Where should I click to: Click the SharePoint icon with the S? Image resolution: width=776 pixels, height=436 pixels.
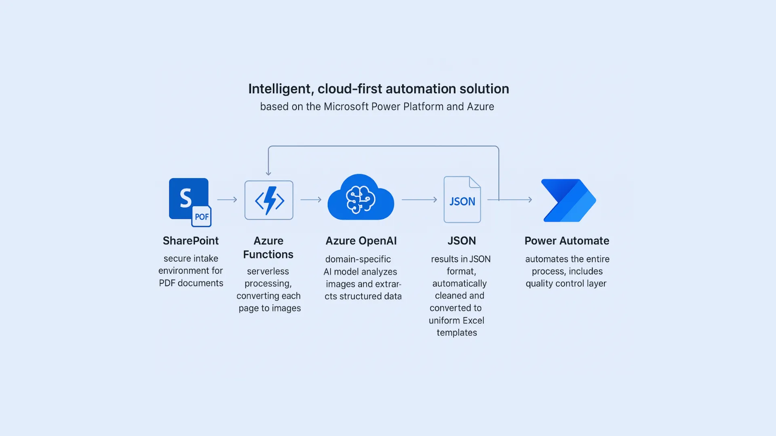186,197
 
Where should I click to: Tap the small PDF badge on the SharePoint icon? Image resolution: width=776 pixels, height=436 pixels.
202,217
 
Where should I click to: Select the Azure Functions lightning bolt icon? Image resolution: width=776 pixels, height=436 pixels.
269,200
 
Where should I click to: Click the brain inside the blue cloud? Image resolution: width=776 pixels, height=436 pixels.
360,199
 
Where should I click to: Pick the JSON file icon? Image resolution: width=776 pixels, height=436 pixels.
462,199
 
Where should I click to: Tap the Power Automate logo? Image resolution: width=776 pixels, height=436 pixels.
569,201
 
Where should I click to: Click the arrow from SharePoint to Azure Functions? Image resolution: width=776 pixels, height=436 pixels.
227,199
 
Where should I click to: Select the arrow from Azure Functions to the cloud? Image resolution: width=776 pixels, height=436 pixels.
311,199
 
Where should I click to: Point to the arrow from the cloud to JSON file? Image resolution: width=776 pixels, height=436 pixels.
419,199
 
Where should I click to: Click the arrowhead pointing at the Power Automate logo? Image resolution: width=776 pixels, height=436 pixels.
529,199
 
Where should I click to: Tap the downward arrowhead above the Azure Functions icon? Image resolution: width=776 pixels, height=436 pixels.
268,173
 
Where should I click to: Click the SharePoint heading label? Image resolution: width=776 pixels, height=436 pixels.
191,241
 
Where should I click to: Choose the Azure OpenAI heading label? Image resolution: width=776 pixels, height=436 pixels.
361,241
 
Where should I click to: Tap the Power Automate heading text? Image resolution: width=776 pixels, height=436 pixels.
567,241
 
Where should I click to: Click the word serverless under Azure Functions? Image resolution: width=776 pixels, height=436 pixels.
268,271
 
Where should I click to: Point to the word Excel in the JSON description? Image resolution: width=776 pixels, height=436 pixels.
473,321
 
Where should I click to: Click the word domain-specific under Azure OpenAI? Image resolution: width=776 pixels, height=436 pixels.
358,259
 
